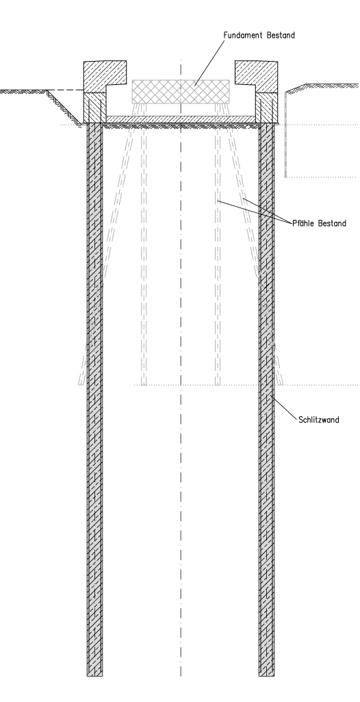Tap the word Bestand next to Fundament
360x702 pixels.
coord(281,36)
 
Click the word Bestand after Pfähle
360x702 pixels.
coord(332,223)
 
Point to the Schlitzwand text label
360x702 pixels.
coord(319,420)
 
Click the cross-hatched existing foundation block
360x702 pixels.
coord(181,92)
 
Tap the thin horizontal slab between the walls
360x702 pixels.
coord(181,120)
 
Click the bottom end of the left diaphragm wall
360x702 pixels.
coord(94,675)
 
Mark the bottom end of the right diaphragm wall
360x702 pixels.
coord(266,675)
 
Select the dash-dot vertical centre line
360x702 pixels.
coord(181,367)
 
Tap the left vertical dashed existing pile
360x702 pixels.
coord(144,244)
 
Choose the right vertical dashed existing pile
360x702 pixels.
coord(218,244)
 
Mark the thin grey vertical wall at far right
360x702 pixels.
coord(286,134)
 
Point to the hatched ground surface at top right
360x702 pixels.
coord(322,87)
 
